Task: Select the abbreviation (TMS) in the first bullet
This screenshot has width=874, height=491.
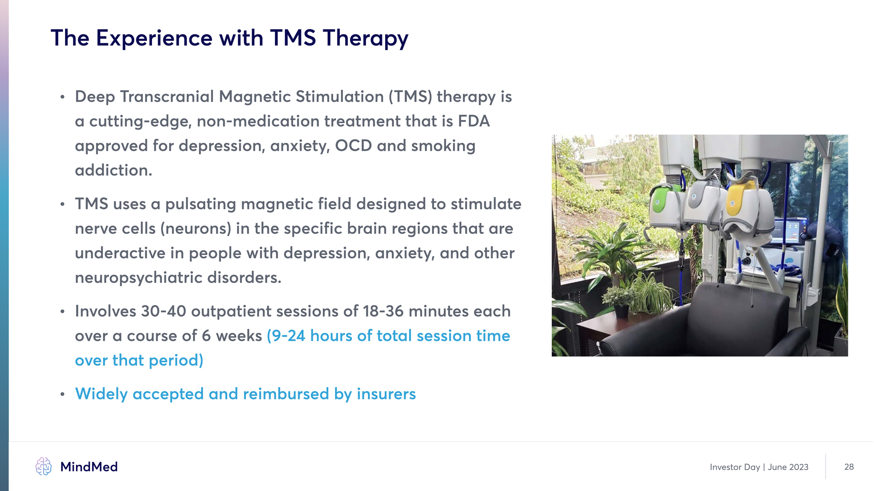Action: coord(410,97)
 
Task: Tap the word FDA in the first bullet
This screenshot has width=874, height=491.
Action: coord(474,121)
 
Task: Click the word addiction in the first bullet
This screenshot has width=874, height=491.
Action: coord(113,170)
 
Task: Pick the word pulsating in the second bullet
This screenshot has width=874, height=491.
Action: coord(200,205)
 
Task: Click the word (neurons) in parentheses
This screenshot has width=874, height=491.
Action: coord(196,229)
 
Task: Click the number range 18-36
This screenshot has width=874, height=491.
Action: coord(383,311)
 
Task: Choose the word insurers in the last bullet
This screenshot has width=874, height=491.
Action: coord(386,394)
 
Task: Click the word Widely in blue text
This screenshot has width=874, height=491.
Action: coord(101,394)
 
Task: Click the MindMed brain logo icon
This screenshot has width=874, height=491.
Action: coord(44,466)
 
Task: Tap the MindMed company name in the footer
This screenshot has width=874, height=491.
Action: coord(89,467)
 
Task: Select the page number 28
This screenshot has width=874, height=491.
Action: coord(849,467)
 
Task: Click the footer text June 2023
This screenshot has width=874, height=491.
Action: coord(788,467)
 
